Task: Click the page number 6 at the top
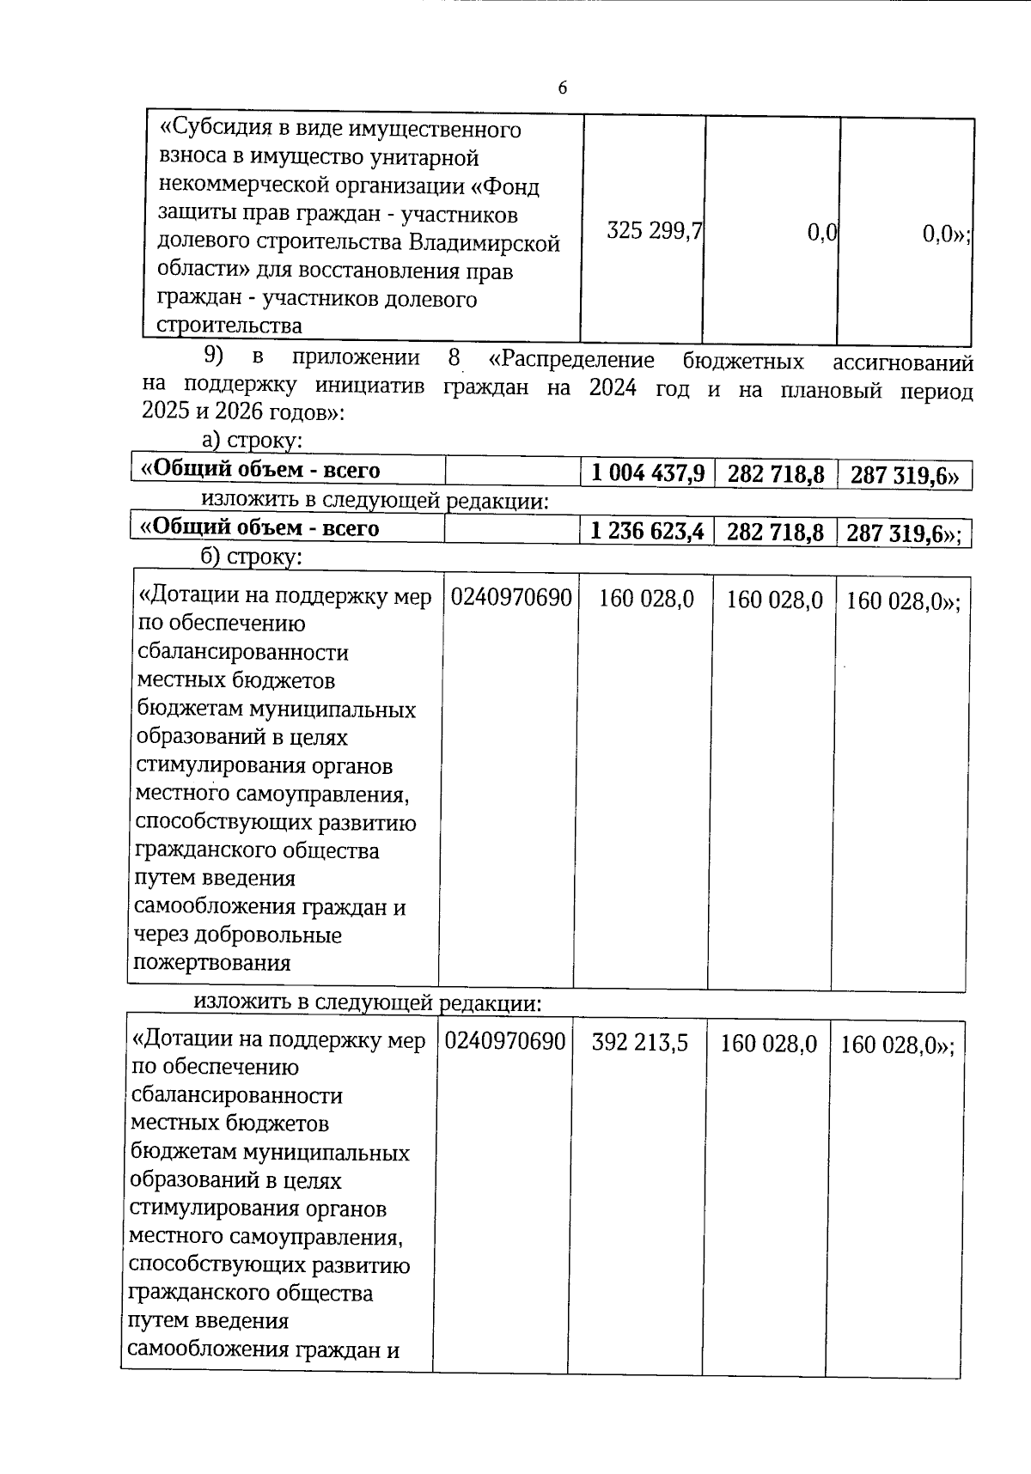tap(563, 88)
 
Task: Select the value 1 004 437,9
tap(648, 472)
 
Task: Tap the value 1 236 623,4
tap(647, 531)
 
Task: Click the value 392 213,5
tap(639, 1043)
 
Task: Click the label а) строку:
tap(251, 442)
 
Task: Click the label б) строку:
tap(251, 557)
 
